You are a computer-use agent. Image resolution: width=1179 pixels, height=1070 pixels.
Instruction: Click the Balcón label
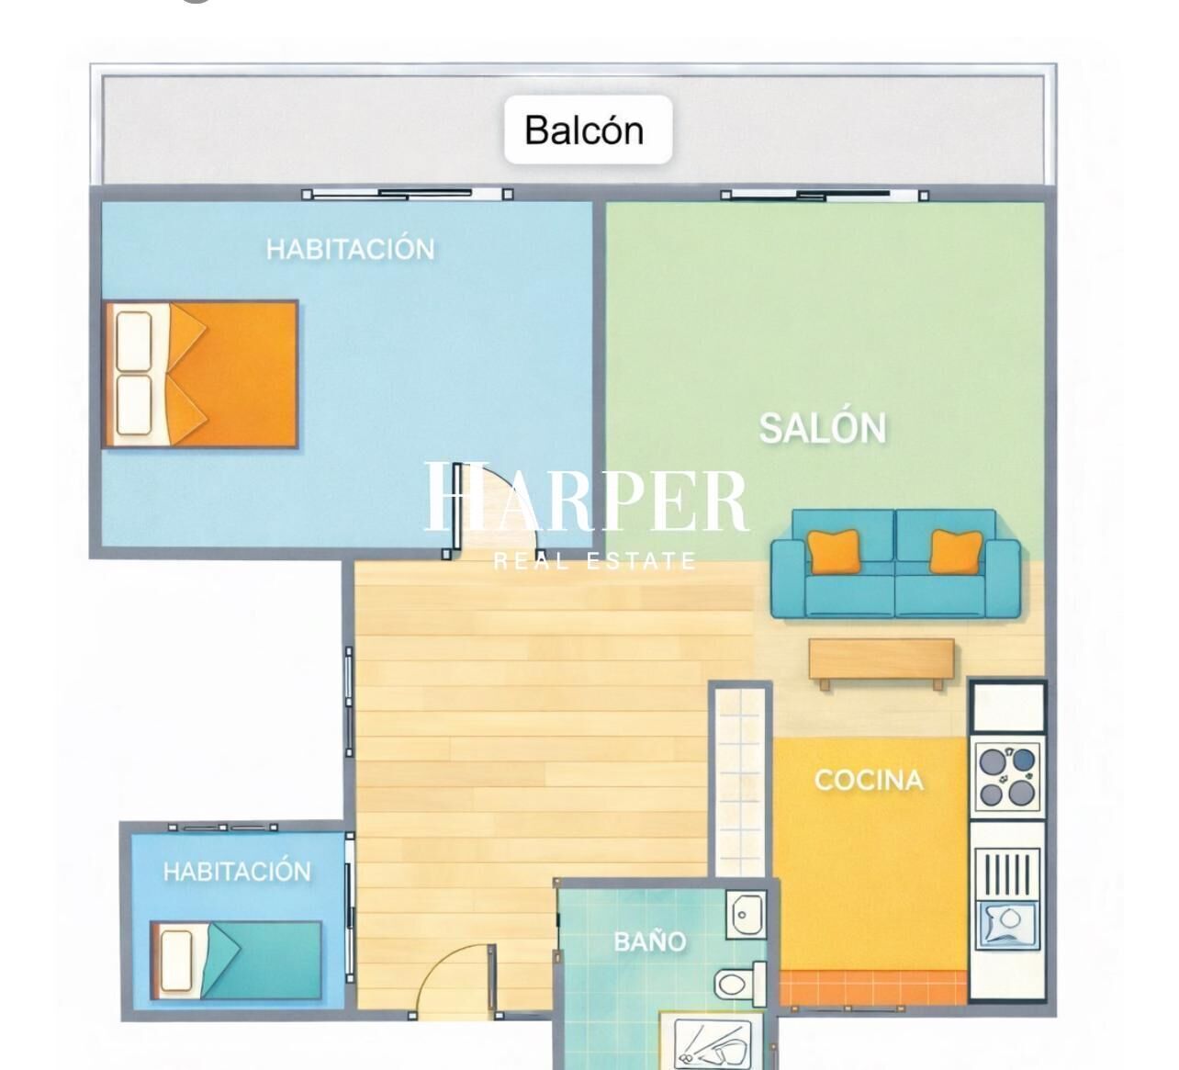point(584,130)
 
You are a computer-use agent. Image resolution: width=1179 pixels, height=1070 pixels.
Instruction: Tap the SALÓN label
point(822,428)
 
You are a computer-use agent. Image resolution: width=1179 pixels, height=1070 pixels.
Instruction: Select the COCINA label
point(869,780)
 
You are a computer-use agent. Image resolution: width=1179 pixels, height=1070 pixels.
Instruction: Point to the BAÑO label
point(650,941)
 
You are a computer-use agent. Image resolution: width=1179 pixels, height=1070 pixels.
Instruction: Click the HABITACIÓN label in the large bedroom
point(350,249)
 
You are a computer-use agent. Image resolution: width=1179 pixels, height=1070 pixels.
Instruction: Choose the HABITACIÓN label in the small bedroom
point(237,872)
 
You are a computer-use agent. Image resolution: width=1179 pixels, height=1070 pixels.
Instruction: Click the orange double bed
point(200,375)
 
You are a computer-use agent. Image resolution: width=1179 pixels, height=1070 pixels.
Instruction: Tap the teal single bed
point(236,960)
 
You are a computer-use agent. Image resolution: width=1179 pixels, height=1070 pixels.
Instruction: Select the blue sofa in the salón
point(895,563)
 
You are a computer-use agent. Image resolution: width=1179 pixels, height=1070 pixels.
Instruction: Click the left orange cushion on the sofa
point(834,551)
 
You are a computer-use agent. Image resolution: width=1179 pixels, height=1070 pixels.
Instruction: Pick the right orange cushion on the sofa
point(956,551)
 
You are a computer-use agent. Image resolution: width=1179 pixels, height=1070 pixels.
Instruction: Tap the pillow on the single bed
point(175,961)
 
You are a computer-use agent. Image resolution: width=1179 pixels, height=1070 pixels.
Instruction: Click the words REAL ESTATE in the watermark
point(594,561)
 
